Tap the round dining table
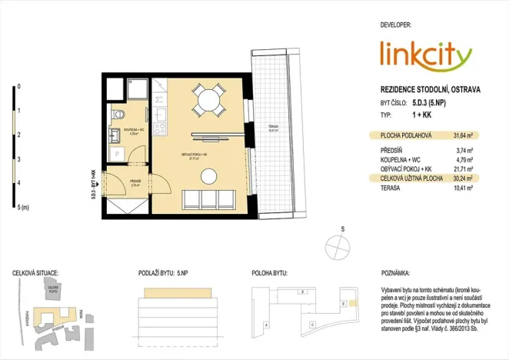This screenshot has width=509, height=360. pos(208,98)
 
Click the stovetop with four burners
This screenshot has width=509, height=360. pos(161,129)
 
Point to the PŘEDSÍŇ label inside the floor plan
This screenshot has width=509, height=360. pos(135,182)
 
